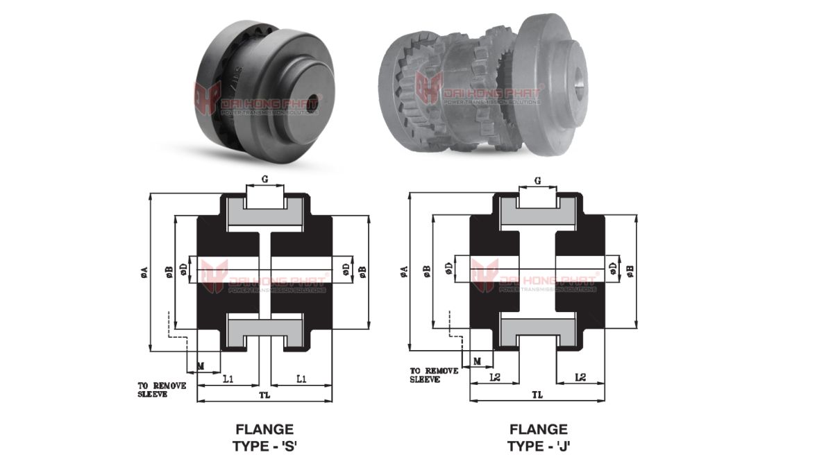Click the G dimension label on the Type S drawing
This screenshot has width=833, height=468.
point(264,180)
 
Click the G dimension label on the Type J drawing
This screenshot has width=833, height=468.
point(538,180)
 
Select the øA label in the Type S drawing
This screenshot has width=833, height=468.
point(144,272)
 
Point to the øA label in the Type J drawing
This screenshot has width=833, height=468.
point(404,272)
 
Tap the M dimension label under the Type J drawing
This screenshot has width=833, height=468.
point(477,361)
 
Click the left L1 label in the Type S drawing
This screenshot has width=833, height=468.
point(228,379)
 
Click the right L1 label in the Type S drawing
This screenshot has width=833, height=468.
point(302,379)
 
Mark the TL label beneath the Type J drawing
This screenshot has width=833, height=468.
point(537,395)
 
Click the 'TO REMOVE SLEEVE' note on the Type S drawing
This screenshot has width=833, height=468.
point(161,390)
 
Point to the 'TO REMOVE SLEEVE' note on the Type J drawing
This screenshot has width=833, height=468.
point(433,375)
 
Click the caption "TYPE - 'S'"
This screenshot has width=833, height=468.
point(264,446)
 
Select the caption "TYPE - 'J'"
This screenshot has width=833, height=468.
point(539,446)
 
